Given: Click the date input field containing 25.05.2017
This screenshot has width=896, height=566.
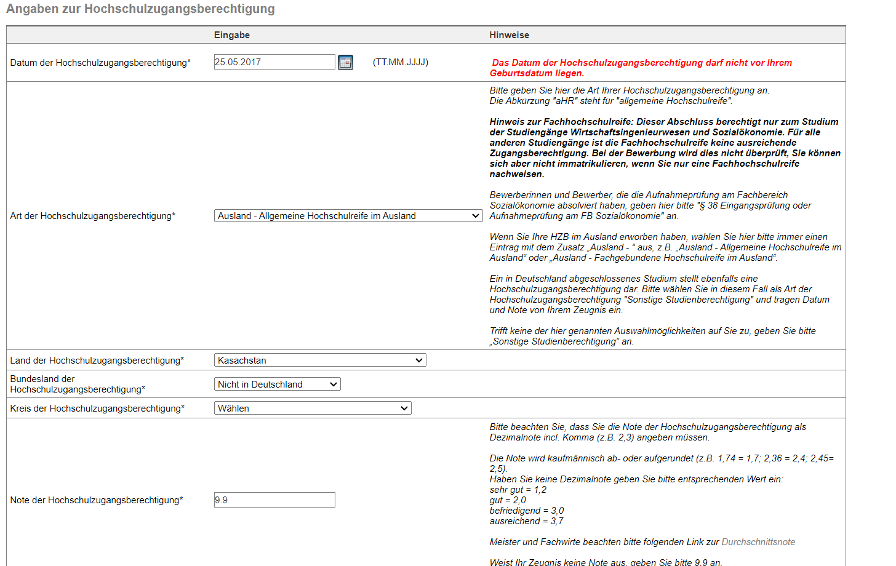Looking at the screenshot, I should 274,62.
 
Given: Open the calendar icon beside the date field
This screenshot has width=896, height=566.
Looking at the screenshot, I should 345,63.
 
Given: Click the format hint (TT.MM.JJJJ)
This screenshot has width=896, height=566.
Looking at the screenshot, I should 401,62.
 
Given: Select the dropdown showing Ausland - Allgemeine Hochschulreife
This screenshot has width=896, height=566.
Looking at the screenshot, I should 348,216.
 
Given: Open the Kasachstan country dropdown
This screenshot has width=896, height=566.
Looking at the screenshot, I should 319,361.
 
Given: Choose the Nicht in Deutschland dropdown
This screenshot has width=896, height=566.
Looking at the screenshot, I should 277,385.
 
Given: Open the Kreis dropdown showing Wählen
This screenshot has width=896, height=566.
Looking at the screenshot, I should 312,409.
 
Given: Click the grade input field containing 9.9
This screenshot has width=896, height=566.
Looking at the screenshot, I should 274,500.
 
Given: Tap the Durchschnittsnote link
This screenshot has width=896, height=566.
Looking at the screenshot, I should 758,542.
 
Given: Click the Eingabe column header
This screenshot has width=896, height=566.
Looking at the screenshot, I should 232,35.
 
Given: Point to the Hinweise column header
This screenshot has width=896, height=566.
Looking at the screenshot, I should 509,35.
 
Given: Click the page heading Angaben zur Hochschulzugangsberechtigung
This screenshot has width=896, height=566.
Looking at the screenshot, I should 140,9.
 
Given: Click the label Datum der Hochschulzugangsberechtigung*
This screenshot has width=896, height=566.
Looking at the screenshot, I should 100,63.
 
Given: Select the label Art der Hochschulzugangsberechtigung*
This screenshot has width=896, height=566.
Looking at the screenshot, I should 93,216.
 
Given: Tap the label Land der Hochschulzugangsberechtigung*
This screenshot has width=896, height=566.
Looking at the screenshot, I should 97,361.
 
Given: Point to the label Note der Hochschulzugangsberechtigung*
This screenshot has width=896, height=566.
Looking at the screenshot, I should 97,500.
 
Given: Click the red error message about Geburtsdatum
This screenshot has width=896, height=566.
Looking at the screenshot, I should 641,68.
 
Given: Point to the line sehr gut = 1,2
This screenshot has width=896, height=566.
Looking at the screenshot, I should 518,490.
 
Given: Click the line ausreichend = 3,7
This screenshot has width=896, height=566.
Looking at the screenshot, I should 526,521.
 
